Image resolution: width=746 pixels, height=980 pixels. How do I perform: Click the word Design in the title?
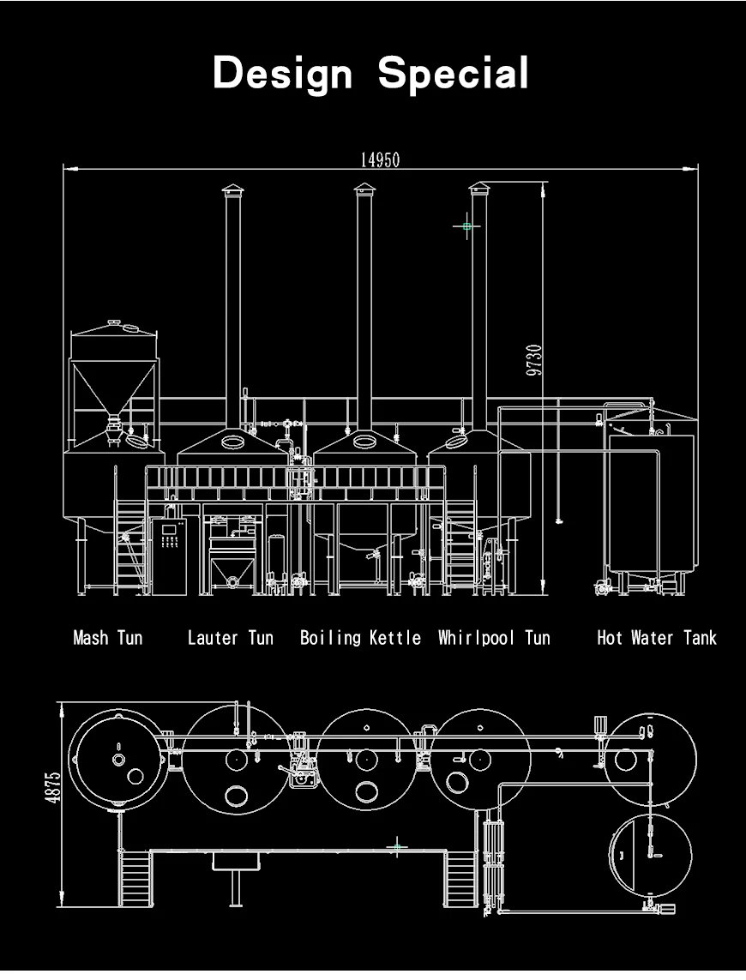[282, 73]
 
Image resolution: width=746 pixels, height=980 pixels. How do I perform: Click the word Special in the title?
[454, 73]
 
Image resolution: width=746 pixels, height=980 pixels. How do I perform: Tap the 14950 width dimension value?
[380, 159]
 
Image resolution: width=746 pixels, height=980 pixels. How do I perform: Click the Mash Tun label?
[108, 637]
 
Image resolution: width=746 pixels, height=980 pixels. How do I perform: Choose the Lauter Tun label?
[231, 637]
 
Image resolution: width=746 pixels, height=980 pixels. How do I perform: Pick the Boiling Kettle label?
[360, 637]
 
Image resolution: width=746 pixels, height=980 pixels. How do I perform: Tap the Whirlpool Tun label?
[494, 637]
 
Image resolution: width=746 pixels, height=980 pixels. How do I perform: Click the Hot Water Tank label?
[656, 637]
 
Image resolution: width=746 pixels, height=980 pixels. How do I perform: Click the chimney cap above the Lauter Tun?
[232, 189]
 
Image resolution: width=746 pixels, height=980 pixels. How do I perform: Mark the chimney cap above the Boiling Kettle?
[364, 189]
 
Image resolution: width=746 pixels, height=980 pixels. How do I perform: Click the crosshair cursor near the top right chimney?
[466, 226]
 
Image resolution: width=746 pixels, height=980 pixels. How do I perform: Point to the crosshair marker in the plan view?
[396, 847]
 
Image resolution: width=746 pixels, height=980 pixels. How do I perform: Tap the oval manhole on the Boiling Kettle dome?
[364, 442]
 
